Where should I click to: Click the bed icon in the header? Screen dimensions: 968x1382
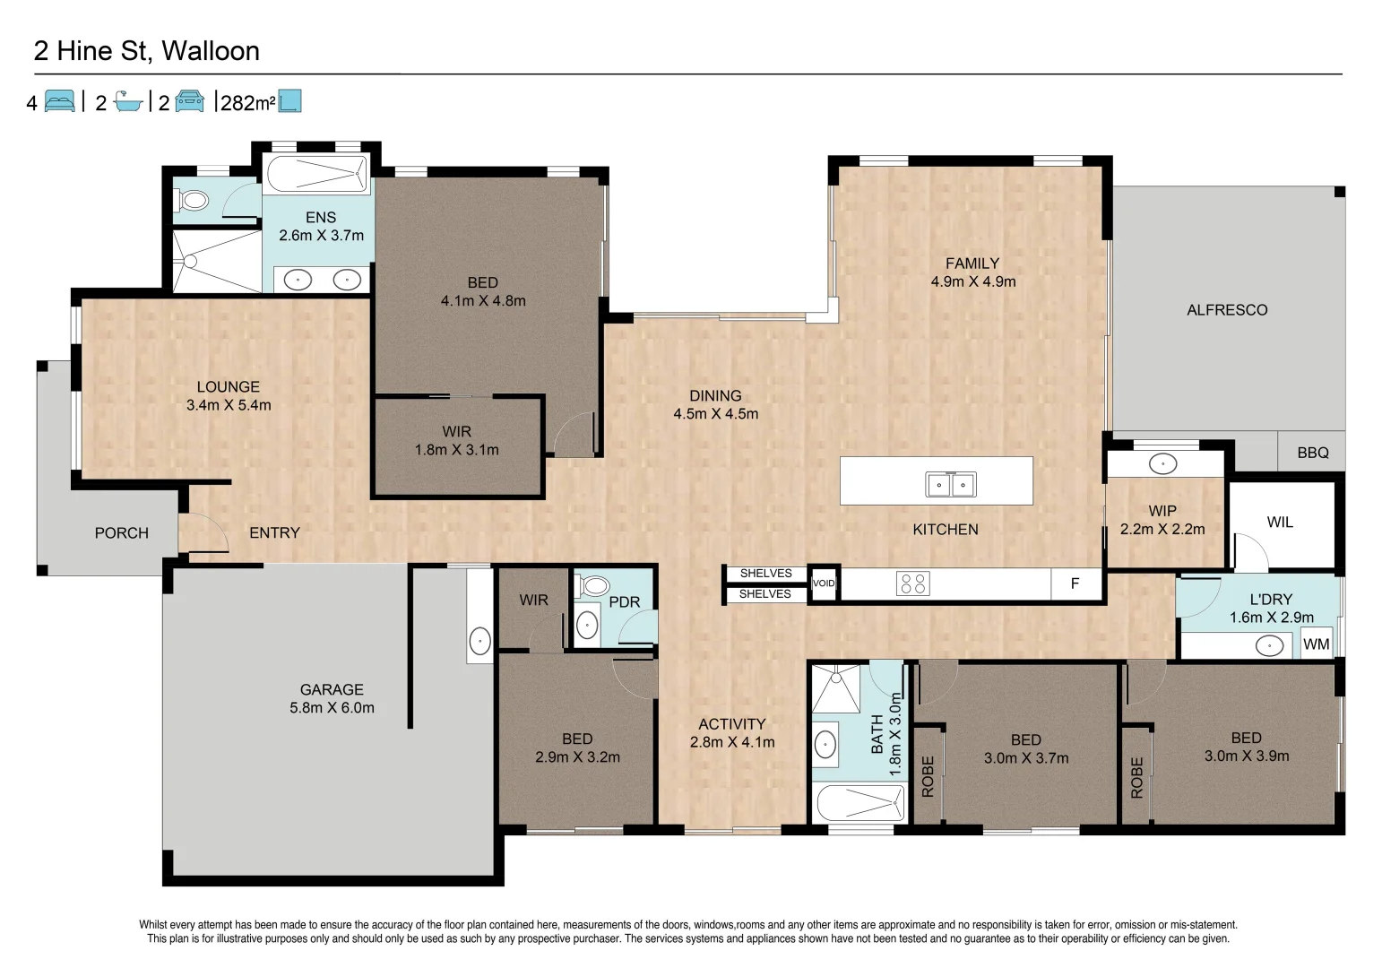pyautogui.click(x=59, y=101)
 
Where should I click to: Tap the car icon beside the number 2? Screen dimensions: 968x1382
pyautogui.click(x=189, y=101)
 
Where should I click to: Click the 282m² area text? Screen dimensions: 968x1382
pyautogui.click(x=247, y=103)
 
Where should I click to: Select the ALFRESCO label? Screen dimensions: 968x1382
pyautogui.click(x=1226, y=310)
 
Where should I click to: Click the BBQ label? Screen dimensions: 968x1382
pyautogui.click(x=1312, y=453)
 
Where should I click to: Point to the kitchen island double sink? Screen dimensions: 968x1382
pyautogui.click(x=950, y=485)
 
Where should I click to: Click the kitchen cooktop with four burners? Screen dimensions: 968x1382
pyautogui.click(x=912, y=583)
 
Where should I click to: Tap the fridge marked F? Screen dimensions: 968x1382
pyautogui.click(x=1075, y=583)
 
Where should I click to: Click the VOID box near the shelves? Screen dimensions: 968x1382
pyautogui.click(x=823, y=583)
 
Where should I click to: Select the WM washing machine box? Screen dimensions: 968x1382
pyautogui.click(x=1316, y=644)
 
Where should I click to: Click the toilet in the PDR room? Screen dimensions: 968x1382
pyautogui.click(x=594, y=587)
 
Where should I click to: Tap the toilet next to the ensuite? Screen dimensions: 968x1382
pyautogui.click(x=193, y=200)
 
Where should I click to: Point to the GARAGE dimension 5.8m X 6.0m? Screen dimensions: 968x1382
pyautogui.click(x=332, y=707)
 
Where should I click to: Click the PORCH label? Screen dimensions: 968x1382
pyautogui.click(x=121, y=532)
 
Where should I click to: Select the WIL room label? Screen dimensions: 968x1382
pyautogui.click(x=1279, y=522)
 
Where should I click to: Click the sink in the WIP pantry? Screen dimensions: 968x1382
pyautogui.click(x=1162, y=463)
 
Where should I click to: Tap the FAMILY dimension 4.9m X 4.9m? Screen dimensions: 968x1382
pyautogui.click(x=972, y=281)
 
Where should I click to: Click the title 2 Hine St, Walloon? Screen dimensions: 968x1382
pyautogui.click(x=146, y=51)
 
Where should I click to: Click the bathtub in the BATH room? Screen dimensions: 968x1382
pyautogui.click(x=858, y=801)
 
